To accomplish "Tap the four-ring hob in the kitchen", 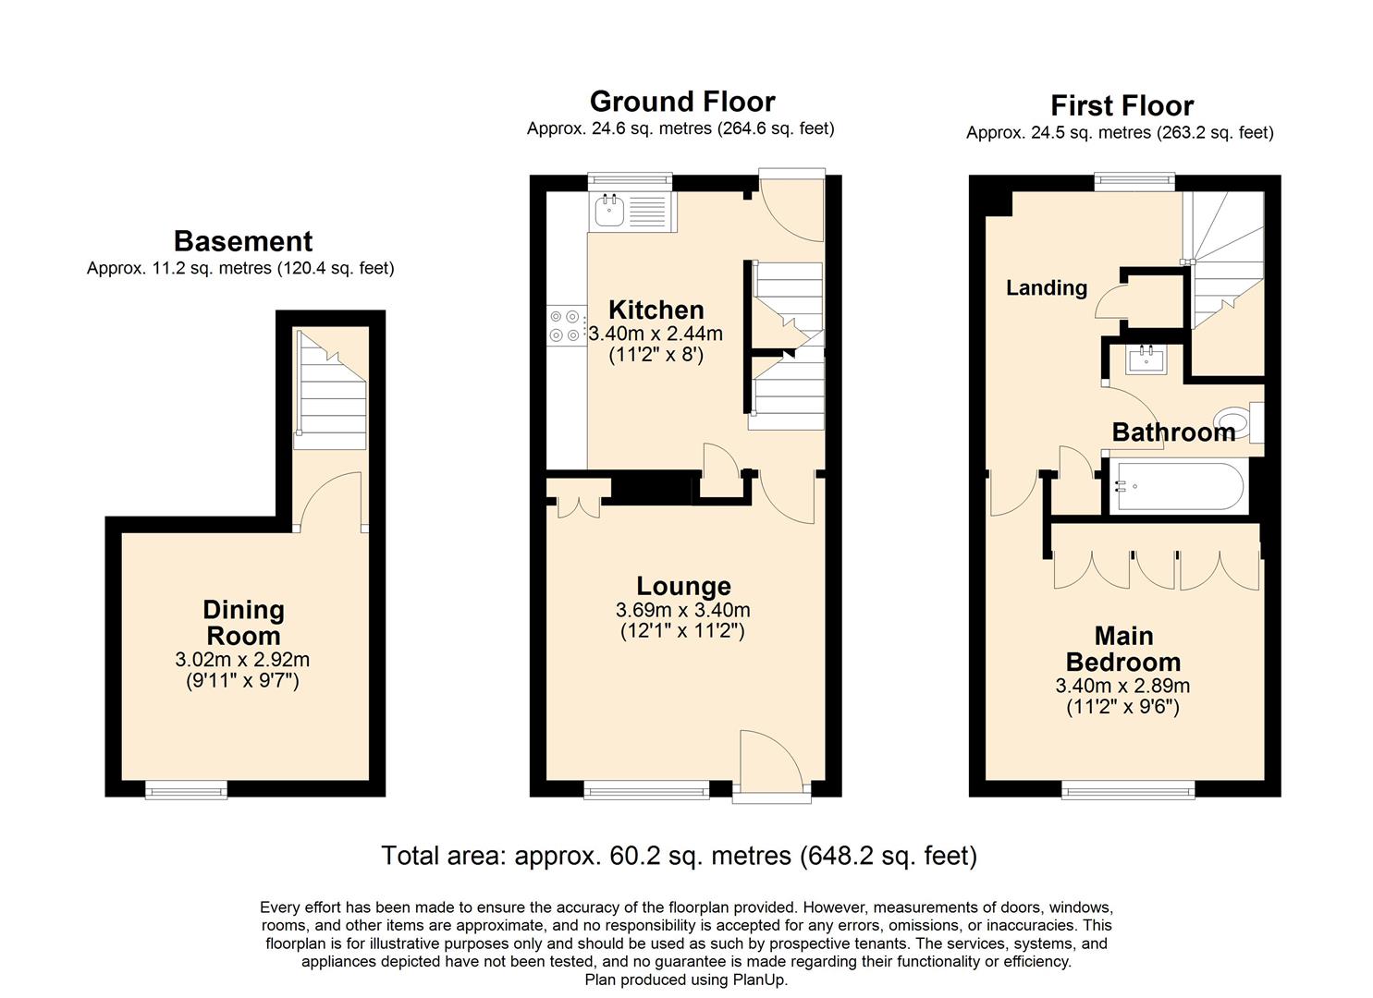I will [x=565, y=325].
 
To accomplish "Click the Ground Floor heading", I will [x=681, y=102].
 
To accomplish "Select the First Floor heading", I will [x=1122, y=105].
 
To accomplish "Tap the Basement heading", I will [x=243, y=241].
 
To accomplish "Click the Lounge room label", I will [x=683, y=586].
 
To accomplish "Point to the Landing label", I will [x=1047, y=288].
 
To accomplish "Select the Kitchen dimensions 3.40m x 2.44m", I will [x=656, y=334].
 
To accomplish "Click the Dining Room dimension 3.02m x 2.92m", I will [x=242, y=660].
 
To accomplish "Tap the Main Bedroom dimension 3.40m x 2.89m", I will [x=1122, y=687].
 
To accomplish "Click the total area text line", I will [x=679, y=856].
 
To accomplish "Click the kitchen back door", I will [x=791, y=207].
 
